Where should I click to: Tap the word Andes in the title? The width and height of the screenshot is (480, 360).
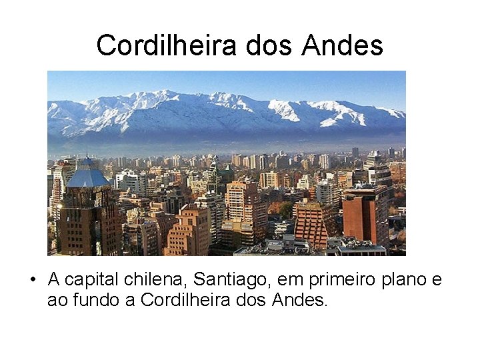click(x=342, y=45)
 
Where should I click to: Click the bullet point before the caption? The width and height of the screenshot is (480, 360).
click(x=33, y=281)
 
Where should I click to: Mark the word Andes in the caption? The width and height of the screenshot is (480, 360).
click(x=300, y=301)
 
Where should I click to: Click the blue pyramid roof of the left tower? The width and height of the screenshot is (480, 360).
click(x=89, y=177)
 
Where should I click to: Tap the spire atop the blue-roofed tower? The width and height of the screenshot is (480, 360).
click(x=88, y=157)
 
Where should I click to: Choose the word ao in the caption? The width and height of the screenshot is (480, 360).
click(x=56, y=301)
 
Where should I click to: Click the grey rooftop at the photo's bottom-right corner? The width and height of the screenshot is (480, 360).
click(x=363, y=249)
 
